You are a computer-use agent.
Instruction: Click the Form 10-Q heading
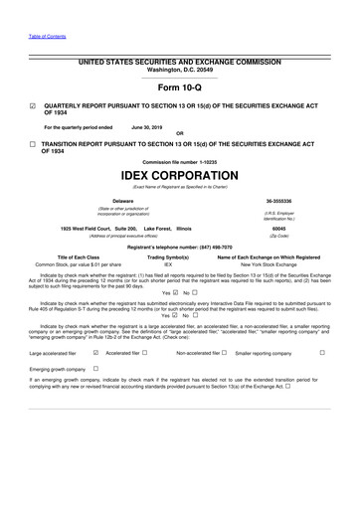pos(179,87)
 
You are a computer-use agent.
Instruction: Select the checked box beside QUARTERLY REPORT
pos(33,104)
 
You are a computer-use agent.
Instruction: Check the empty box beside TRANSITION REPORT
pos(33,144)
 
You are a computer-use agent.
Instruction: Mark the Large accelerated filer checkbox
pos(95,352)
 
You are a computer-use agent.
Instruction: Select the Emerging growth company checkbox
pos(95,368)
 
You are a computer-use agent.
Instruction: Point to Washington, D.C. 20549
pos(179,71)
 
